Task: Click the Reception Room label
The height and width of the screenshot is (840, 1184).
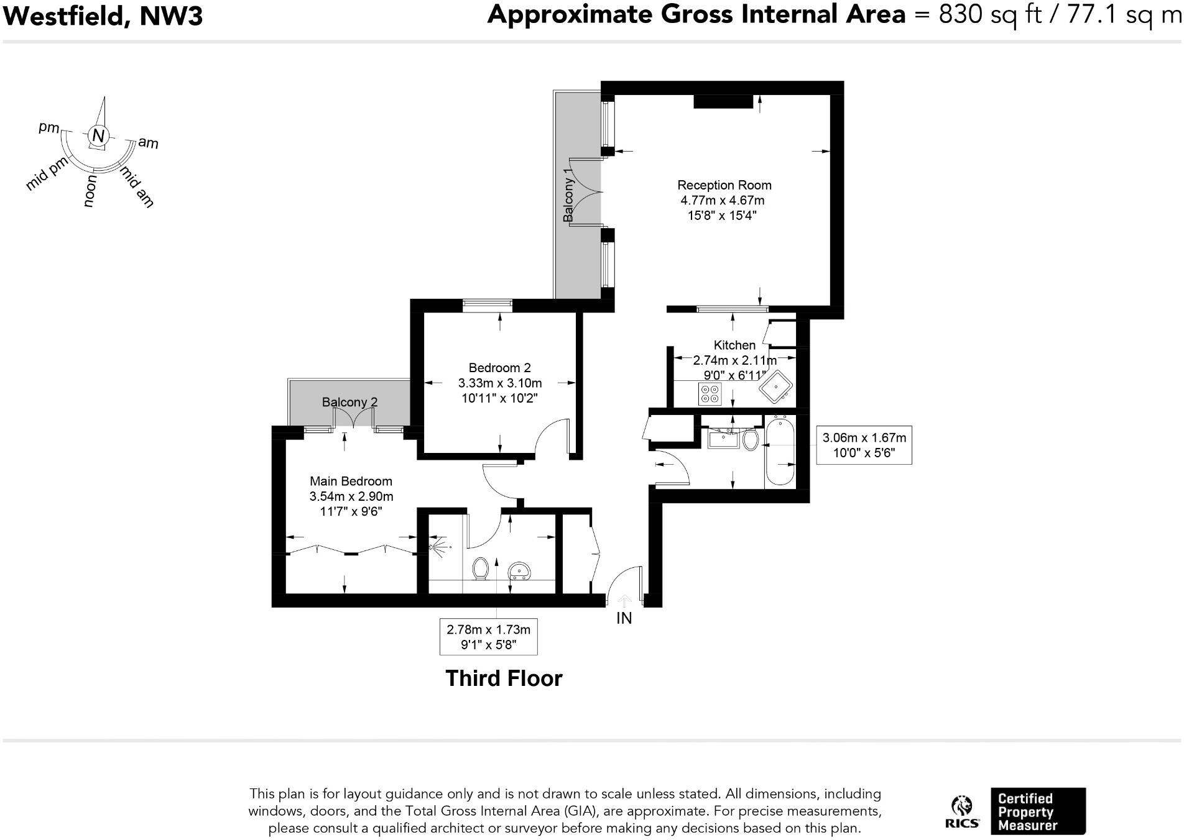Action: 724,185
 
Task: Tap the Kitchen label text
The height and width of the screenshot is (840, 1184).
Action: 734,345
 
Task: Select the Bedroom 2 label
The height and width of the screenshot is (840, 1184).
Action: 499,368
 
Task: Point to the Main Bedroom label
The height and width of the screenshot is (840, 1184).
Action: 351,481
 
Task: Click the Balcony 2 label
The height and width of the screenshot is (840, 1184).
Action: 349,402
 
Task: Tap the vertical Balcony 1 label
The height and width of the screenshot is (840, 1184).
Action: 567,194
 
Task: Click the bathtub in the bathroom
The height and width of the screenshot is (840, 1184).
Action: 780,452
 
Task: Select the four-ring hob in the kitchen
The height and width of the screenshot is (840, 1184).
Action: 710,394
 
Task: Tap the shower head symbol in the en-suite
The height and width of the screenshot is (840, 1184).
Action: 435,547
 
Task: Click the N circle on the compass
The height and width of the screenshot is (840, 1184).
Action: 98,135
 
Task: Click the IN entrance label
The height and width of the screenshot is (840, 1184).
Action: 624,618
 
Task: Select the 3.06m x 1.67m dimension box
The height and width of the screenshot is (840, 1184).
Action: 864,445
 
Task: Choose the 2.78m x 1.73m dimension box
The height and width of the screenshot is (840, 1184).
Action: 488,637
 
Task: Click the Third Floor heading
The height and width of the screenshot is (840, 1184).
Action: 504,678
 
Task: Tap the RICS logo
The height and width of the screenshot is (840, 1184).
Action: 962,813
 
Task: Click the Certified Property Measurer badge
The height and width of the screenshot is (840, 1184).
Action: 1037,811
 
